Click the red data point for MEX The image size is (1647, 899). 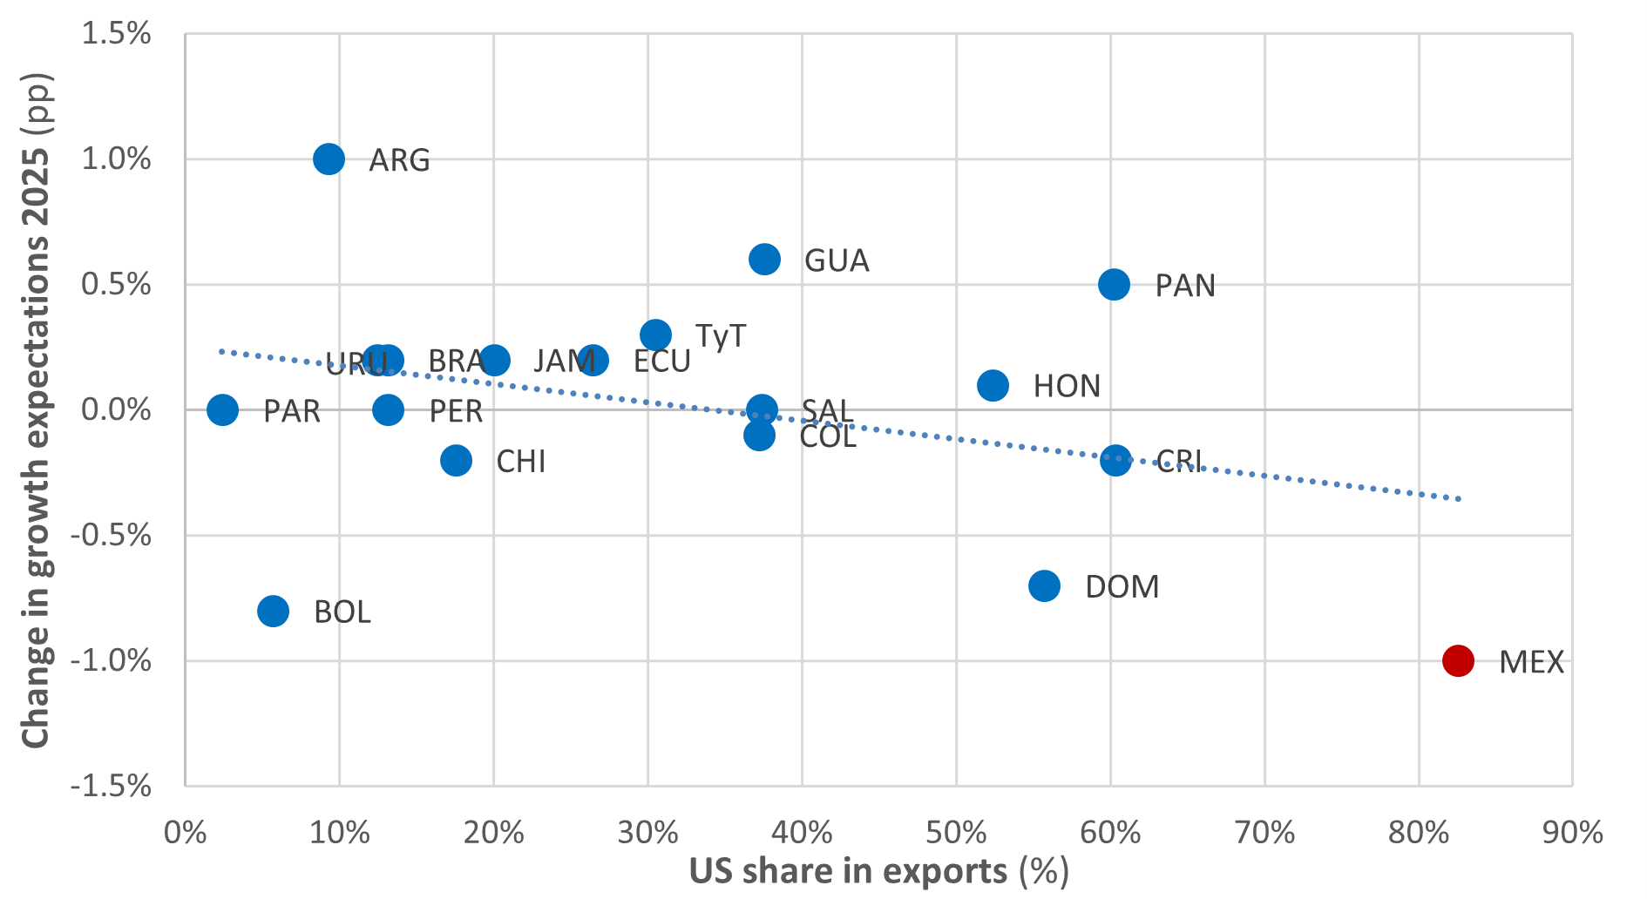coord(1458,660)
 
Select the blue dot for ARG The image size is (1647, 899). coord(329,159)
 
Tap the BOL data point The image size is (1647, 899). coord(273,611)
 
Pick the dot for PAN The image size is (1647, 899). coord(1114,284)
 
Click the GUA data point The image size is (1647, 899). coord(764,259)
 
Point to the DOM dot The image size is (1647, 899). coord(1044,585)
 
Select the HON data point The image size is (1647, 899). coord(993,385)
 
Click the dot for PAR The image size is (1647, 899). coord(222,409)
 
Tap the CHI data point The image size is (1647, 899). coord(456,460)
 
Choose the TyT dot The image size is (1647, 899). coord(655,335)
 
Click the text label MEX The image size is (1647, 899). coord(1531,662)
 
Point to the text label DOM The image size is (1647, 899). coord(1122,587)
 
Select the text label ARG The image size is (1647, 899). coord(399,160)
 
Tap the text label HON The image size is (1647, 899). coord(1067,386)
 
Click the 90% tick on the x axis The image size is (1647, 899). coord(1572,833)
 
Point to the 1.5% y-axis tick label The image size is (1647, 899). coord(116,34)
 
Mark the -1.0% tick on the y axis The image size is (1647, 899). coord(111,661)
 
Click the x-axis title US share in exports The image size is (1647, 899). coord(878,872)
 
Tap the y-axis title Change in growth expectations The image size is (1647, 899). coord(36,409)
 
